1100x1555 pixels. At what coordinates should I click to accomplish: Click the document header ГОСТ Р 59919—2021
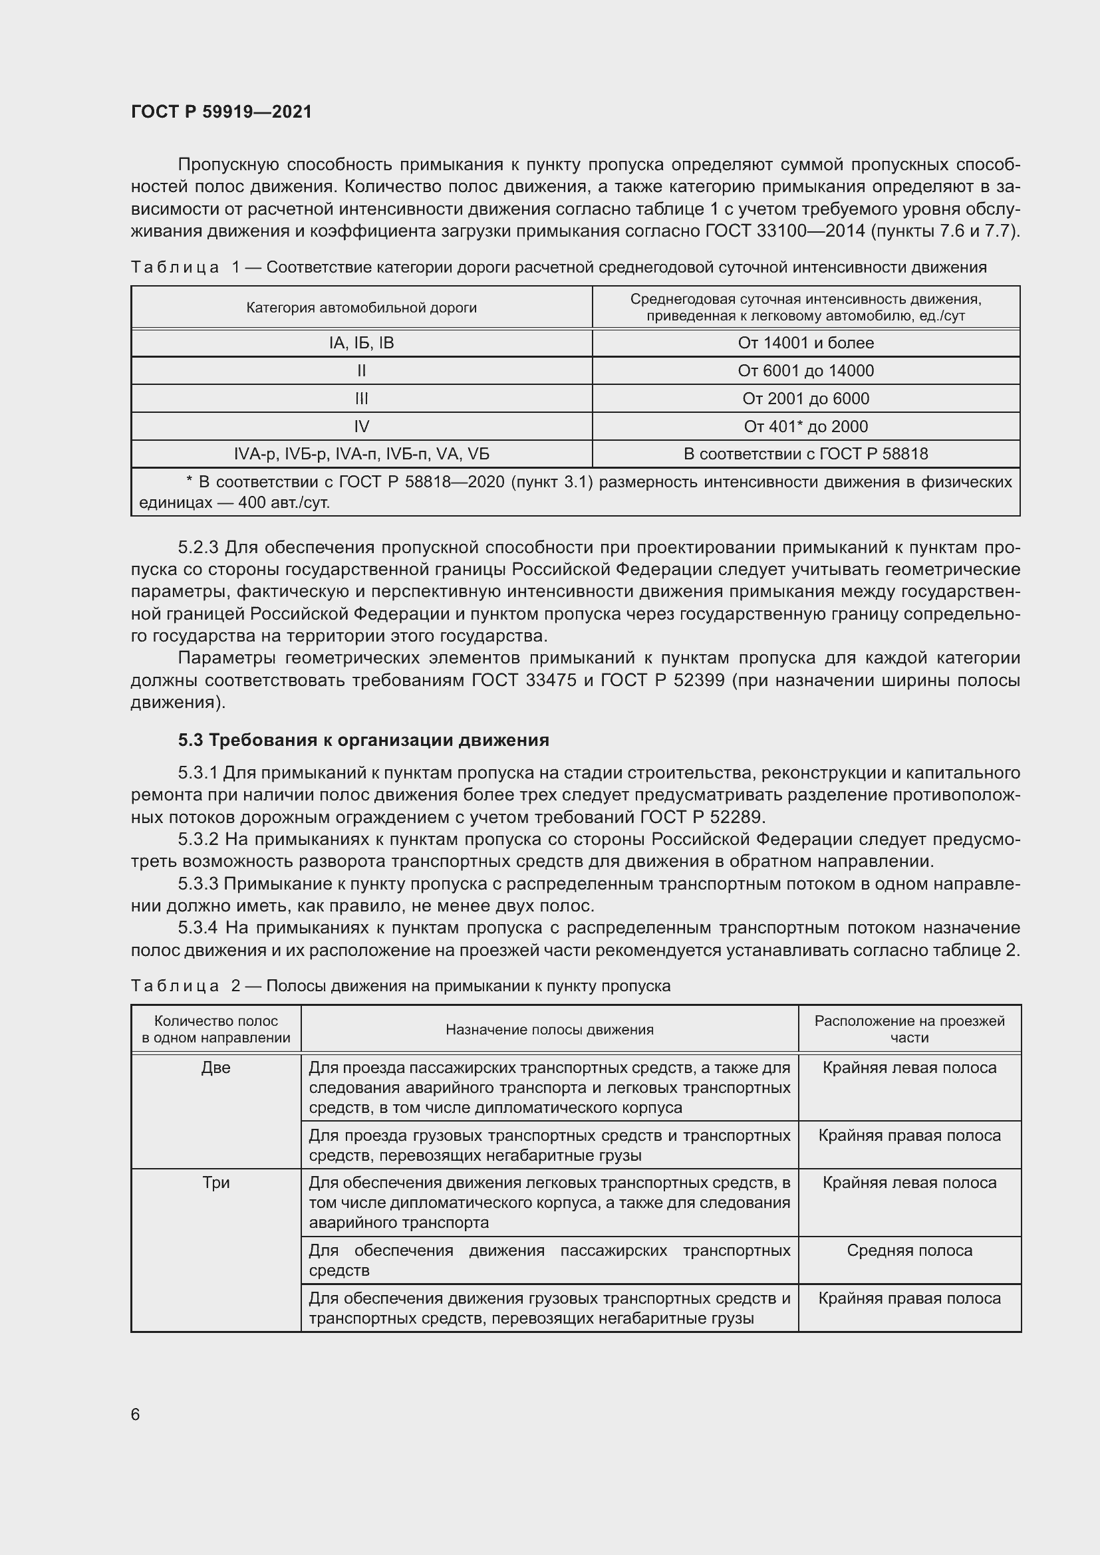click(x=221, y=112)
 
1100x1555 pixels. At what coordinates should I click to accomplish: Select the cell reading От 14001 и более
click(x=805, y=342)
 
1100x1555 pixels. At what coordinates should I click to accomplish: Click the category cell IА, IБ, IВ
click(x=361, y=342)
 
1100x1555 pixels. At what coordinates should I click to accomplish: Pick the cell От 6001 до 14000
click(x=805, y=370)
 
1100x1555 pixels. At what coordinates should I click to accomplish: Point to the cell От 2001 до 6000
click(x=805, y=398)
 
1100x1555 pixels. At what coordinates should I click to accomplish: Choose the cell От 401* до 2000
click(x=805, y=426)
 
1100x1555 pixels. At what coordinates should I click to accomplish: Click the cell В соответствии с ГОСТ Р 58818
click(x=805, y=454)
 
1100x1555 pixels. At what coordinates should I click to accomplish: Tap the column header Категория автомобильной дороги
click(x=361, y=308)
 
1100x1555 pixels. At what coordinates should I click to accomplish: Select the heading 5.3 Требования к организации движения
click(x=364, y=740)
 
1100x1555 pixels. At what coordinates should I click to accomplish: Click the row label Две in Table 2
click(x=216, y=1068)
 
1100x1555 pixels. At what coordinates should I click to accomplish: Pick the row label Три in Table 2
click(x=216, y=1183)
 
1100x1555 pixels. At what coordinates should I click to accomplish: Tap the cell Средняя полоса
click(x=909, y=1251)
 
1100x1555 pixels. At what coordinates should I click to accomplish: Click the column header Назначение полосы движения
click(x=549, y=1030)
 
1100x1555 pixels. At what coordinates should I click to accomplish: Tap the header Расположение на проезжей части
click(x=909, y=1029)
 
